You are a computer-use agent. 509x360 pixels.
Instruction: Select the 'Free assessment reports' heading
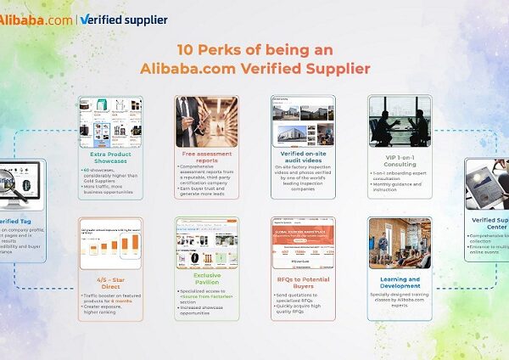[x=206, y=158]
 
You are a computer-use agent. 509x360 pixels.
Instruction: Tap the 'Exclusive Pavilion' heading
[x=206, y=279]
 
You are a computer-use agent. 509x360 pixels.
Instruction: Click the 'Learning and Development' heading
[x=400, y=284]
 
